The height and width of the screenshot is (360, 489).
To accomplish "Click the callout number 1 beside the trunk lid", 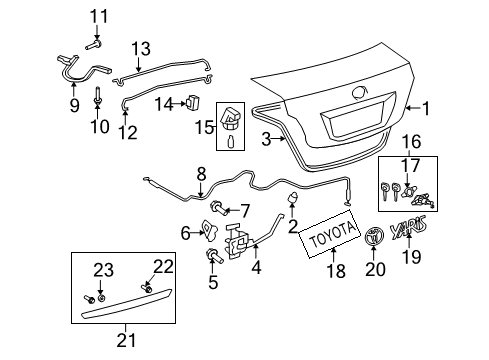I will coord(427,108).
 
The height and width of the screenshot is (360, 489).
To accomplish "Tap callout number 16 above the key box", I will coord(411,143).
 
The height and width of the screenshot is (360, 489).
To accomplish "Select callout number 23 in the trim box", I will coord(105,267).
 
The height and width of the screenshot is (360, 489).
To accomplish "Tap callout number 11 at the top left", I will coord(96,15).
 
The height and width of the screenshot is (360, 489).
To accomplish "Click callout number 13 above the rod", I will coord(140,47).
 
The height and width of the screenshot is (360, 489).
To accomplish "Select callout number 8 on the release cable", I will coord(201,172).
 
